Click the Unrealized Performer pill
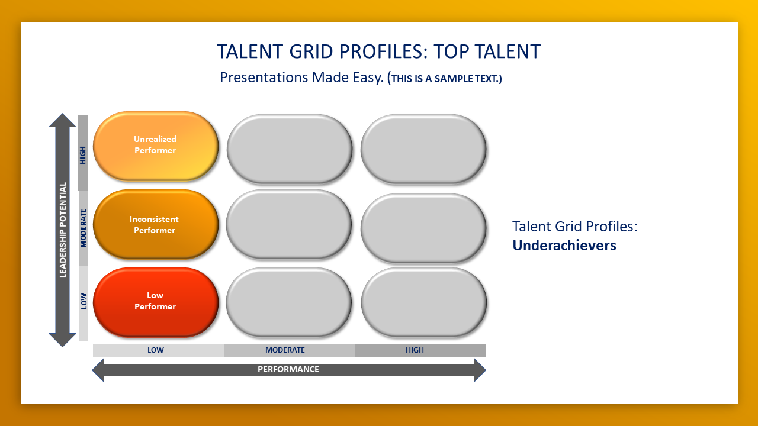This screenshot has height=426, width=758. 156,146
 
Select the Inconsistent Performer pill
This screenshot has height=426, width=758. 156,224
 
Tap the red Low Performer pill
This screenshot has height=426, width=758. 156,302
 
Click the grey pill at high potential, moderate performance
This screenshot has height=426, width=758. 290,149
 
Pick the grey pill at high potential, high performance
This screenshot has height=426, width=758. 423,149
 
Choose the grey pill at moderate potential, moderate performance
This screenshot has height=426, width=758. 288,224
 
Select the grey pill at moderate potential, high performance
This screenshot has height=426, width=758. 423,228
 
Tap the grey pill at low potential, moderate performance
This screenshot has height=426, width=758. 288,302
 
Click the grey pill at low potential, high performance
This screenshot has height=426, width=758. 423,302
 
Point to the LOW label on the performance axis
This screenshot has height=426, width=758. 156,350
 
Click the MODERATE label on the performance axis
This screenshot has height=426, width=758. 285,350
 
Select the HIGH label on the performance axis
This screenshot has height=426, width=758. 415,350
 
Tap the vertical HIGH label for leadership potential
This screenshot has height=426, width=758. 83,155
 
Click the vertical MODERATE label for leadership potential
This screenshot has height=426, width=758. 83,228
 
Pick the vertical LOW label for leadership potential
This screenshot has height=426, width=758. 83,301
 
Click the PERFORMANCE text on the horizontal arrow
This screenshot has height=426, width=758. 288,370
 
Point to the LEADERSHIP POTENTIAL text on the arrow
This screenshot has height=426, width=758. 63,230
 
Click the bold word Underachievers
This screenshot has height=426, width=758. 564,246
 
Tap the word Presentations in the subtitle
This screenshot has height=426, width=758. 264,78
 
